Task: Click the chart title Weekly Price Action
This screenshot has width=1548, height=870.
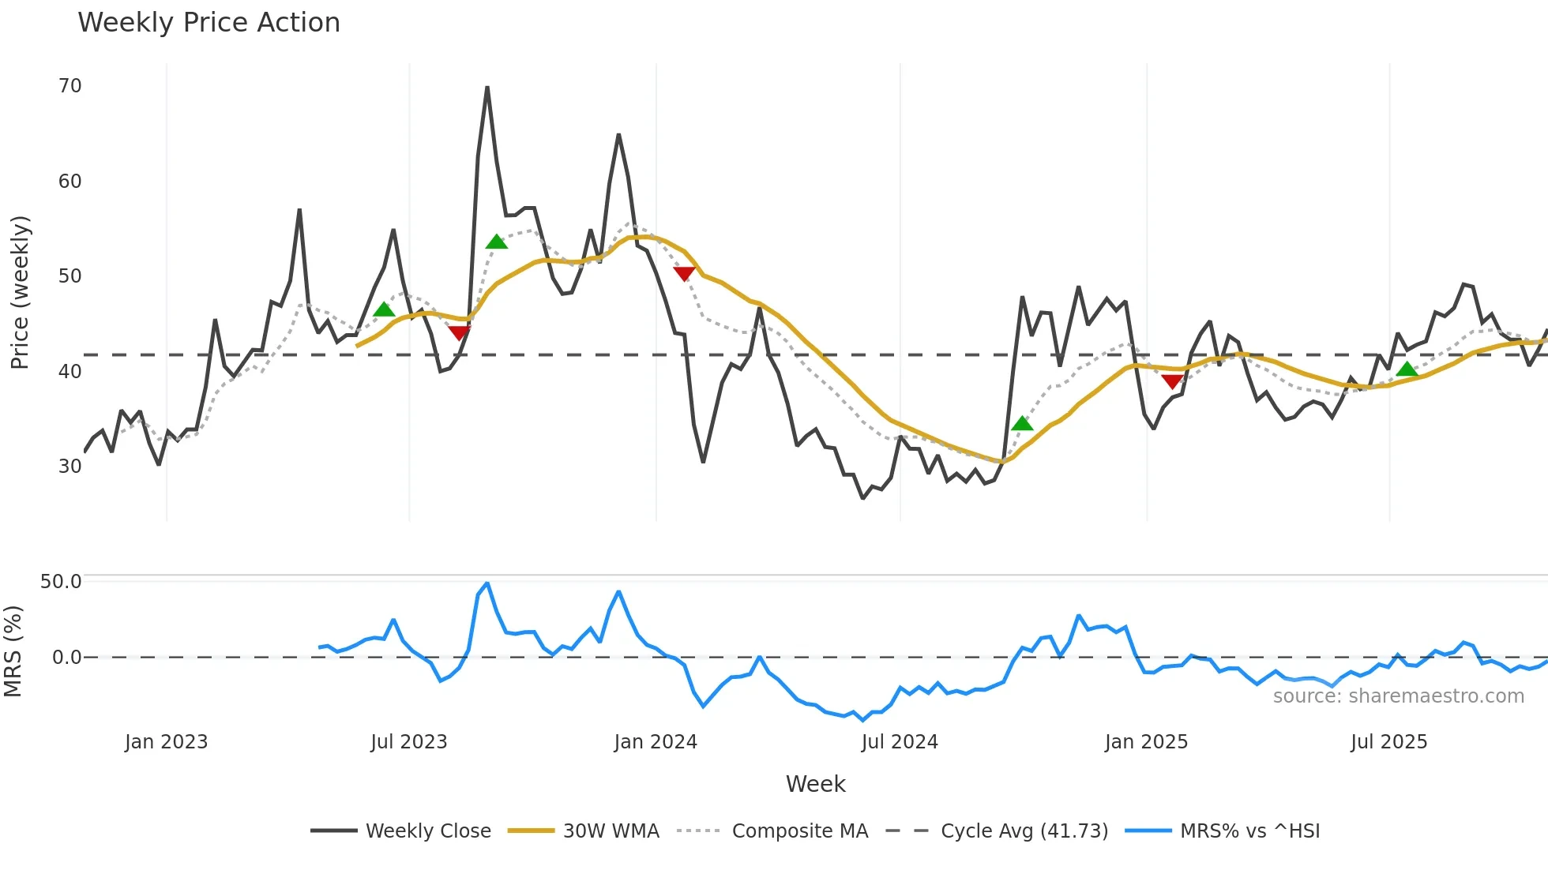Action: pos(209,23)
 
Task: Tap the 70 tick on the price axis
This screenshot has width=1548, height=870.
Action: pos(70,86)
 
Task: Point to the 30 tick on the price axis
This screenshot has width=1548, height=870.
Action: pos(70,467)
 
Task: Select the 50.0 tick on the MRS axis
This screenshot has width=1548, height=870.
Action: pos(61,582)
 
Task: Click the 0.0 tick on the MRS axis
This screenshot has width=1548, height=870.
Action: pos(66,658)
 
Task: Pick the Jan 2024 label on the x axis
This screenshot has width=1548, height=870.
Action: pos(656,742)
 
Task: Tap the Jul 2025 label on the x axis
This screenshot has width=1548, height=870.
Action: pos(1388,742)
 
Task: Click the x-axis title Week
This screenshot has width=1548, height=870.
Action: pos(815,784)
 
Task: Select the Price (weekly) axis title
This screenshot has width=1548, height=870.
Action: pos(20,292)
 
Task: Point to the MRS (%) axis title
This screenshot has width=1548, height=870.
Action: pos(13,651)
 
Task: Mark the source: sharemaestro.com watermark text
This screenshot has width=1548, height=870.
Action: pos(1398,696)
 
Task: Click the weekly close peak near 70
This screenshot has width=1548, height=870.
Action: pos(487,88)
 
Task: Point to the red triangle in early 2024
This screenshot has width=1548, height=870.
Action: pos(684,273)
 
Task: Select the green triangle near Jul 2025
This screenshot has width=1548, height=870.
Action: pos(1407,369)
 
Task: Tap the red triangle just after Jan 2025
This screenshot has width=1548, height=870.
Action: pos(1172,381)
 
